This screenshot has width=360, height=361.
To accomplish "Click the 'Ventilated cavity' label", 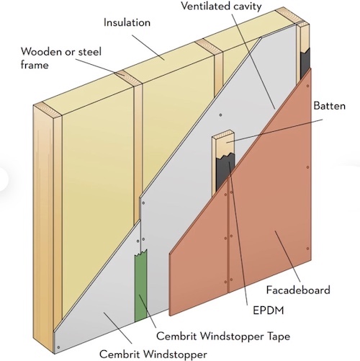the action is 221,6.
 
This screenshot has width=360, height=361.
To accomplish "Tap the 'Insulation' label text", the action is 127,22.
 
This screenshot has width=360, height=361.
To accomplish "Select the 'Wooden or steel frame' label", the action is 61,58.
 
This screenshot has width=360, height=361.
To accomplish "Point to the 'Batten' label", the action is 329,106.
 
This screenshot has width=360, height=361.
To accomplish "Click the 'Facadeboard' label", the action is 298,290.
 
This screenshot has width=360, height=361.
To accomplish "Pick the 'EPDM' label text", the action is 269,311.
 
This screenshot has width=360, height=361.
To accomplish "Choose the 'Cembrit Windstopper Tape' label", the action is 223,336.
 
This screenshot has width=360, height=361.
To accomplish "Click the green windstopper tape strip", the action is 140,286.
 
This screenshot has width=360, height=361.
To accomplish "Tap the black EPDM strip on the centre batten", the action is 225,171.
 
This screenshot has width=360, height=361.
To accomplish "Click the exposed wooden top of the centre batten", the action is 223,143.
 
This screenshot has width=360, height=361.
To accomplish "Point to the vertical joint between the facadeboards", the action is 228,236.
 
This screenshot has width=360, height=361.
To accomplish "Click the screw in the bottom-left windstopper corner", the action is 58,347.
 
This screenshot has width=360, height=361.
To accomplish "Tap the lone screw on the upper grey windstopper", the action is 220,115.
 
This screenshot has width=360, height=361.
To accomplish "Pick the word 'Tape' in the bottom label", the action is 278,337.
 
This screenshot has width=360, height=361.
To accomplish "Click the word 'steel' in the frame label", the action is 90,52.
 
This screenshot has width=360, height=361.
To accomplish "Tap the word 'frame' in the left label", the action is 35,65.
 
